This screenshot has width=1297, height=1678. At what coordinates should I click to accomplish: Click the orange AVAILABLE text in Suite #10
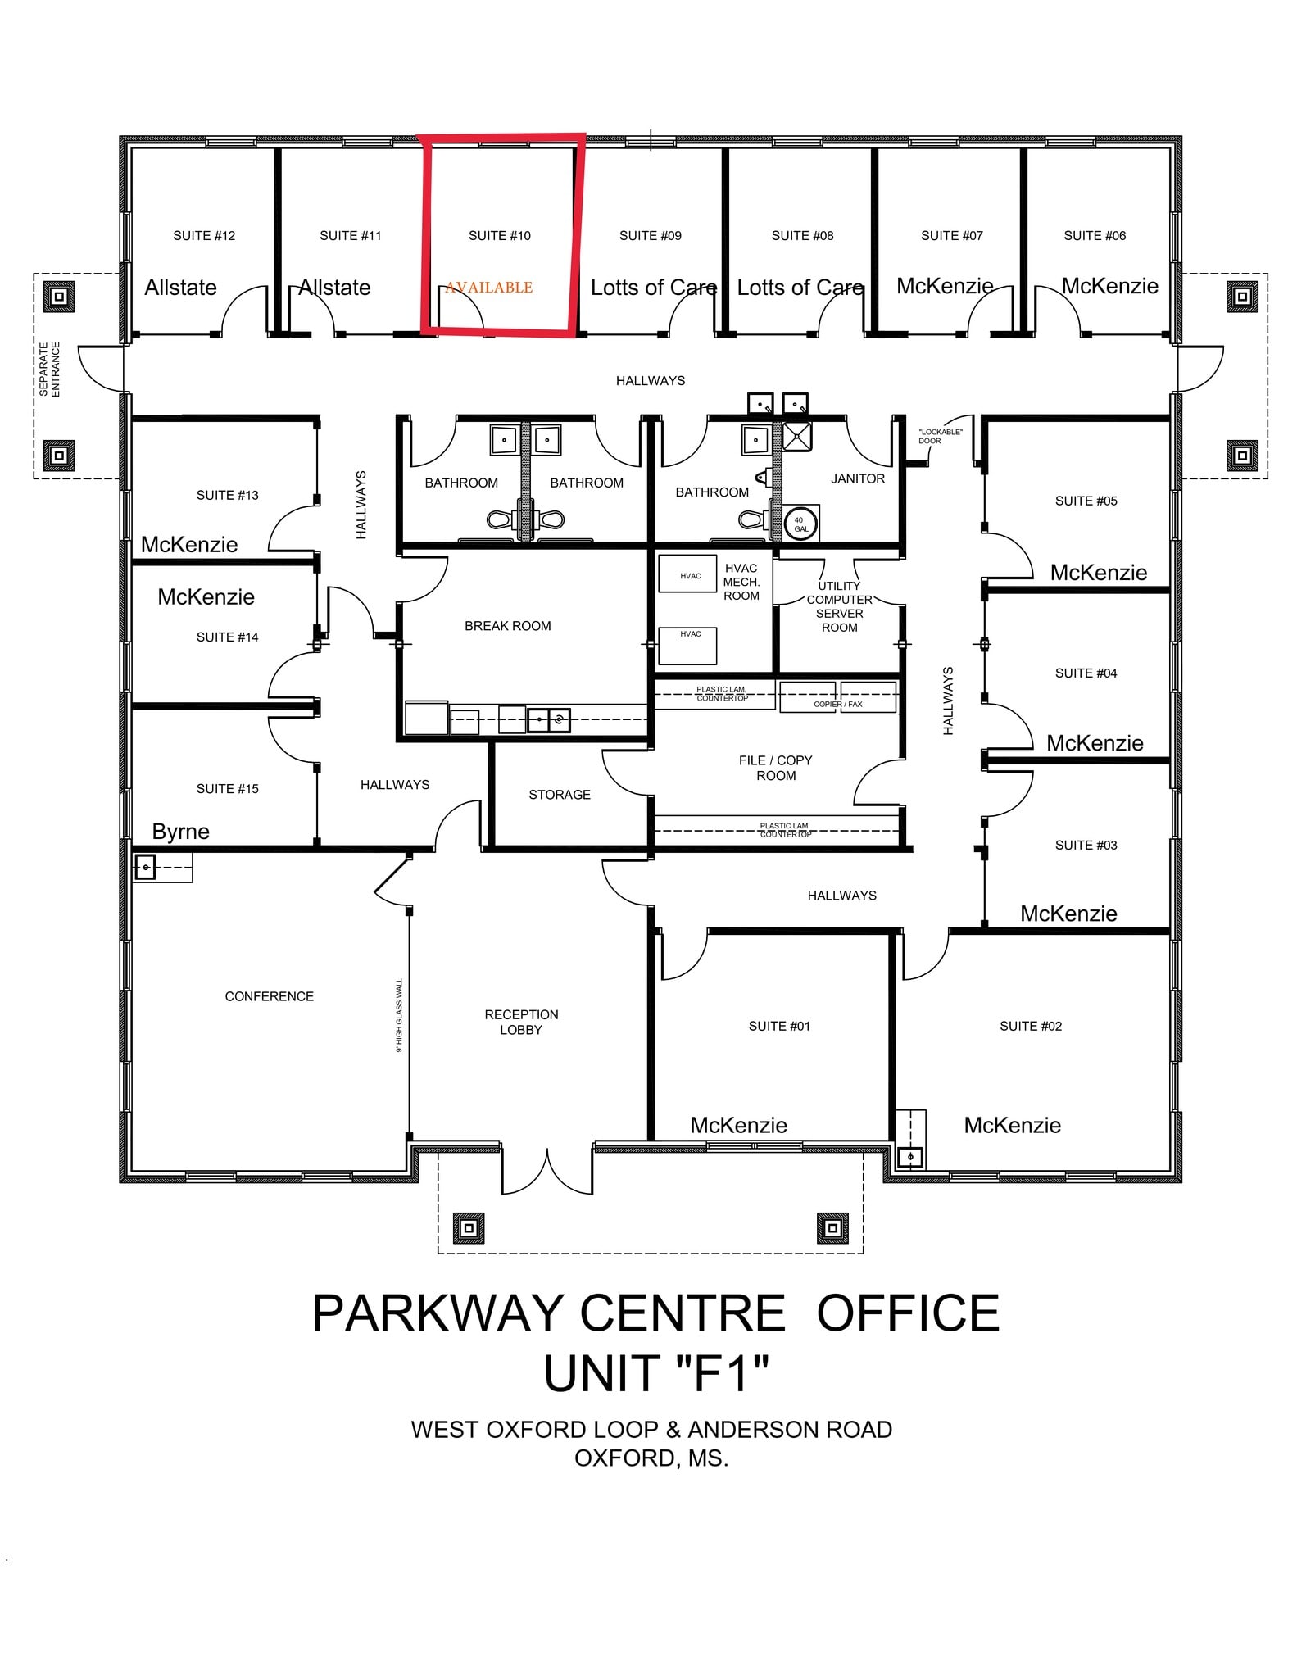pyautogui.click(x=489, y=288)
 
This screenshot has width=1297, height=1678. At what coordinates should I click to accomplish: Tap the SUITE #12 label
pyautogui.click(x=204, y=236)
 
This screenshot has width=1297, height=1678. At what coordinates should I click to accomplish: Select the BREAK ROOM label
pyautogui.click(x=507, y=626)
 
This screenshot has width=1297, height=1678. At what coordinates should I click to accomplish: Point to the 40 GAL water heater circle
pyautogui.click(x=800, y=524)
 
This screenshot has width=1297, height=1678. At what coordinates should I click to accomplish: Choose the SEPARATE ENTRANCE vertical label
pyautogui.click(x=50, y=370)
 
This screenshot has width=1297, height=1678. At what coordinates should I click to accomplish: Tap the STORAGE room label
pyautogui.click(x=559, y=795)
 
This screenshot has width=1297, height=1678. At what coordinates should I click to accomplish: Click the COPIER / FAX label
pyautogui.click(x=837, y=704)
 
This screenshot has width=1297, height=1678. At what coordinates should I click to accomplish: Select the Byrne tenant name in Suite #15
pyautogui.click(x=180, y=832)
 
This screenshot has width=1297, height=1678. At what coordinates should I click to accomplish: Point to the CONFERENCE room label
pyautogui.click(x=269, y=996)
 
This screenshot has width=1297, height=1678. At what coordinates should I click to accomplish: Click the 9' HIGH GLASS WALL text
pyautogui.click(x=400, y=1015)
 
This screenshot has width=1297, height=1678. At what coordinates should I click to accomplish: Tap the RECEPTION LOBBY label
pyautogui.click(x=521, y=1022)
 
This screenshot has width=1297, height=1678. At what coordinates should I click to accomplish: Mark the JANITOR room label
pyautogui.click(x=857, y=478)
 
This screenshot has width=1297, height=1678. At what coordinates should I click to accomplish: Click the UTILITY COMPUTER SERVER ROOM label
pyautogui.click(x=839, y=606)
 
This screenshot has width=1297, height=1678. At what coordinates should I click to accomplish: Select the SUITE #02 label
pyautogui.click(x=1030, y=1026)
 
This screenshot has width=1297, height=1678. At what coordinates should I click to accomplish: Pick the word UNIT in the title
pyautogui.click(x=602, y=1373)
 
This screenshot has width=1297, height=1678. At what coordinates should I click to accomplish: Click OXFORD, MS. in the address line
pyautogui.click(x=651, y=1458)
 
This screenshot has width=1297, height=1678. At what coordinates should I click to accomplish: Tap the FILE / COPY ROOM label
pyautogui.click(x=775, y=768)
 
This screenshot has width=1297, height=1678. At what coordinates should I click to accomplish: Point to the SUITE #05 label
pyautogui.click(x=1086, y=501)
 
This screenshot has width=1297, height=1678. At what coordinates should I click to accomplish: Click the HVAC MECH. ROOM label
pyautogui.click(x=741, y=582)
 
